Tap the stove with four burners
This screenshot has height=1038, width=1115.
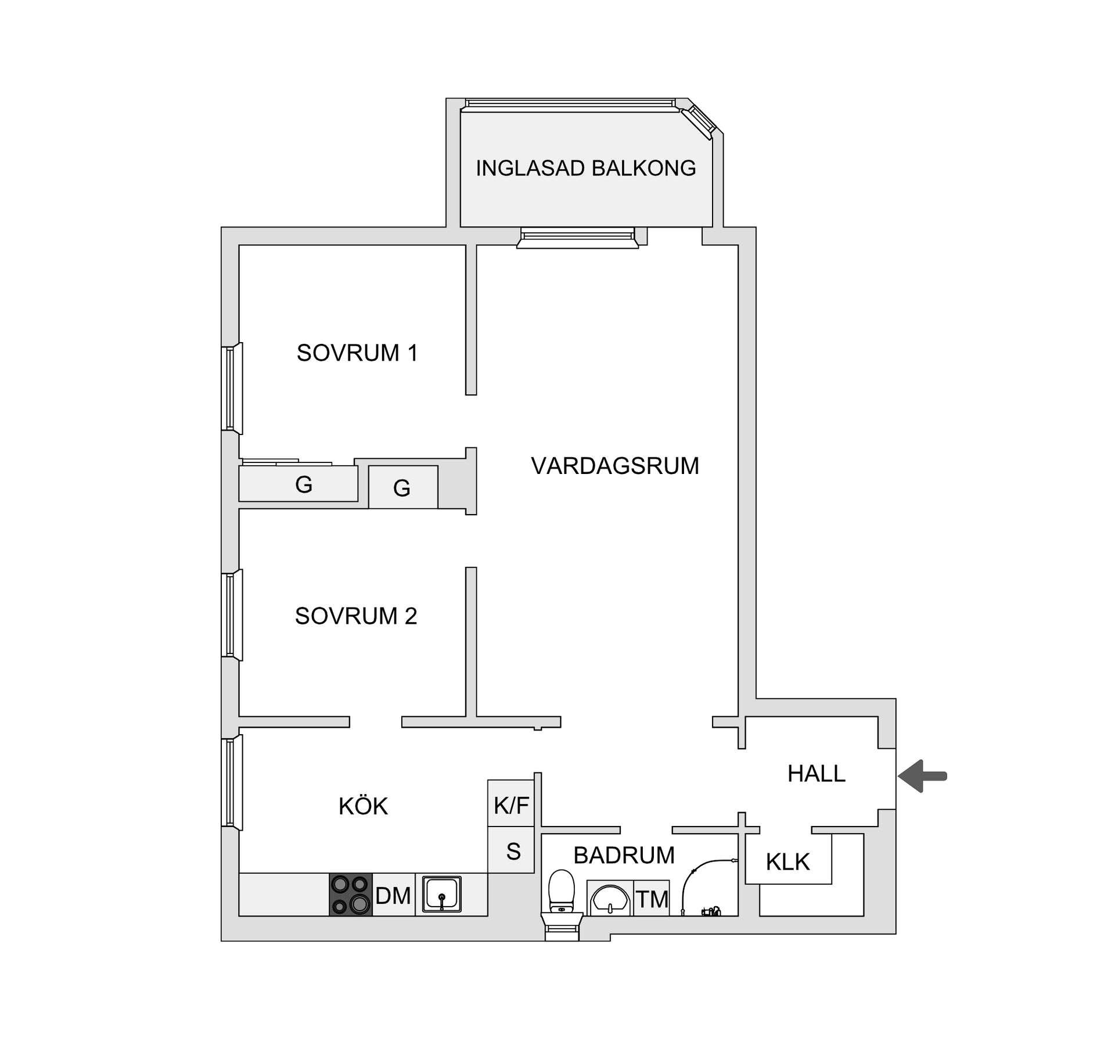(x=351, y=895)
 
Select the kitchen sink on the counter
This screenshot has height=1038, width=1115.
(x=441, y=895)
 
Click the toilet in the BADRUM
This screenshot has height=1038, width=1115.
(x=561, y=895)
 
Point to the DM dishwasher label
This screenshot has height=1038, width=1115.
(x=393, y=896)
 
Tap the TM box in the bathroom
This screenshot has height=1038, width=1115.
(x=652, y=899)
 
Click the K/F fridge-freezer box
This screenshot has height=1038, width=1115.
(x=510, y=805)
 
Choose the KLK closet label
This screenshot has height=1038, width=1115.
(x=787, y=862)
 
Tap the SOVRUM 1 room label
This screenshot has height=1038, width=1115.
(x=357, y=353)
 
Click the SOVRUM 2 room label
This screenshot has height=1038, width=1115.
(x=356, y=616)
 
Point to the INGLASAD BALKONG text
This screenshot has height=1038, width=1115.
(x=585, y=168)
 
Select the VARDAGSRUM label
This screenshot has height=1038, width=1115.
(x=615, y=466)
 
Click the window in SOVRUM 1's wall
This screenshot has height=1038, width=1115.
(x=231, y=388)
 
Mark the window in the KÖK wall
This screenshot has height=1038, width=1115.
(x=231, y=782)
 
